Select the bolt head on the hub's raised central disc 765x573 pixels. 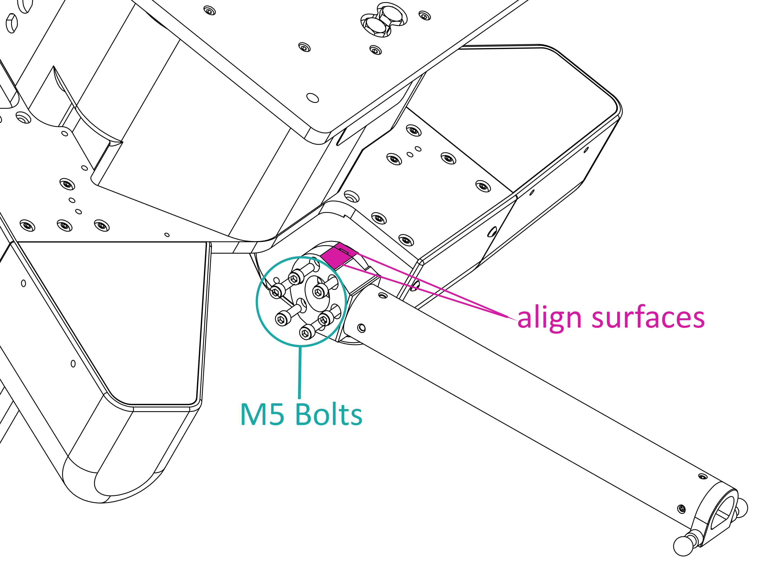(318, 292)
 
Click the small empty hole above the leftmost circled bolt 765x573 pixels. (276, 280)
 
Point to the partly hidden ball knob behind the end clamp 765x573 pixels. (741, 508)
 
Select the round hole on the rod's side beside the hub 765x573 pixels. (361, 328)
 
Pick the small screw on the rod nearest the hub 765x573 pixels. (382, 296)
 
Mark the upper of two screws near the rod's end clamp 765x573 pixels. (703, 477)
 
